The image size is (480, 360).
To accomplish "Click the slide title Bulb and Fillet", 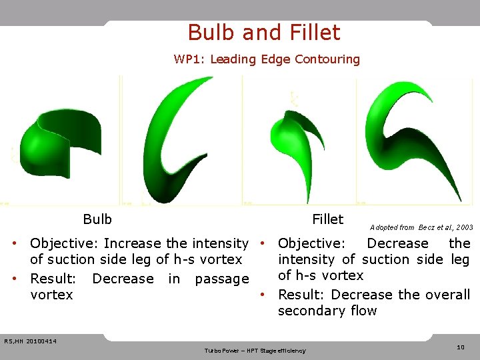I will tap(264, 33).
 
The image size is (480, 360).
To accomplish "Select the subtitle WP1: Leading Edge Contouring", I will tap(267, 59).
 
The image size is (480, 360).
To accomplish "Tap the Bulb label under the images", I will tap(97, 219).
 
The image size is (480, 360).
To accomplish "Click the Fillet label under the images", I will tap(327, 219).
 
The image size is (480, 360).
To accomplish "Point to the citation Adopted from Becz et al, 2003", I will tap(421, 227).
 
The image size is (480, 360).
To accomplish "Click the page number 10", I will tap(460, 347).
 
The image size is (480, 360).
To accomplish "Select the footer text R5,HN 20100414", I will tap(30, 342).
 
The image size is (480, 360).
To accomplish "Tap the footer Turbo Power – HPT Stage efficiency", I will tap(255, 351).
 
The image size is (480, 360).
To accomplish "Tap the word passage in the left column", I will tap(221, 279).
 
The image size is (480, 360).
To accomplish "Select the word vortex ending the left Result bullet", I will tap(51, 295).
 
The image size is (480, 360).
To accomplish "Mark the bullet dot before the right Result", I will tap(264, 295).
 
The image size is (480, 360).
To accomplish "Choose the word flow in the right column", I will tap(361, 311).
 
